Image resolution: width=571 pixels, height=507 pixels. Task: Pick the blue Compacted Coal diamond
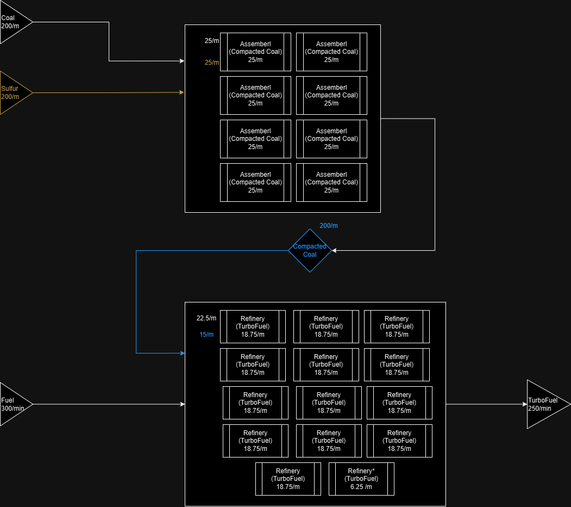310,250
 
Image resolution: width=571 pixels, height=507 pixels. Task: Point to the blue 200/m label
329,226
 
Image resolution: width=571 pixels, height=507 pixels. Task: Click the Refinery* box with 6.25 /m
361,479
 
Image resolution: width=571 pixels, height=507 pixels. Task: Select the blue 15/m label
206,335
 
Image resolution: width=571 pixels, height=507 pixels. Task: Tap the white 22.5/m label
206,318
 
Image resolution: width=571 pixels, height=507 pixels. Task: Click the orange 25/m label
212,63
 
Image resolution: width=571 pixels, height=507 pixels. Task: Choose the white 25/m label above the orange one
212,41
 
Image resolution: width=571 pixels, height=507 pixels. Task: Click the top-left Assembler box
255,52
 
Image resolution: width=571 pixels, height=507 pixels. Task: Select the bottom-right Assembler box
331,182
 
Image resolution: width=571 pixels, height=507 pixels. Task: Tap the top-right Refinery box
397,326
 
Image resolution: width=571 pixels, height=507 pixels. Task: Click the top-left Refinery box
253,326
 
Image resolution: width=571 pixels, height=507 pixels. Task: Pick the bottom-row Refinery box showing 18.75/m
288,479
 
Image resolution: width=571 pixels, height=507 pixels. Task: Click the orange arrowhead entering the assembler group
182,92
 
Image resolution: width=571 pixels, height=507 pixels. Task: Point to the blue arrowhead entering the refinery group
182,353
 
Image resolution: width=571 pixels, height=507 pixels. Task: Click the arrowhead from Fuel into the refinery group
182,404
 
